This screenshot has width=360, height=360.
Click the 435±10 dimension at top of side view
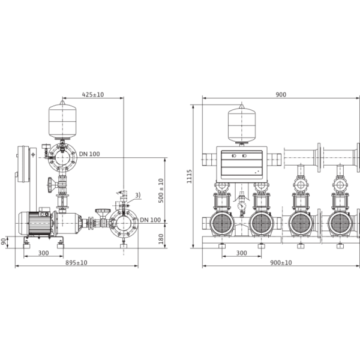point(93,94)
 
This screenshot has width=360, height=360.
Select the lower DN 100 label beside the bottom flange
point(150,220)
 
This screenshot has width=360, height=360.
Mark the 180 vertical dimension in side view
point(160,238)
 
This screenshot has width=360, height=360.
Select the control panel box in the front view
point(242,163)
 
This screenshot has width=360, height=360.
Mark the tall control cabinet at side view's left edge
point(25,164)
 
